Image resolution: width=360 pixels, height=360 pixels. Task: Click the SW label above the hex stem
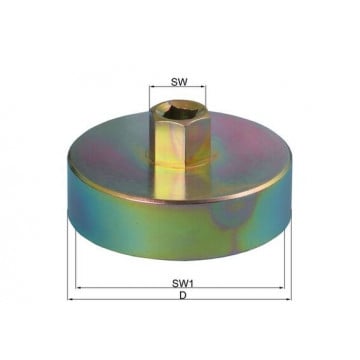tap(179, 82)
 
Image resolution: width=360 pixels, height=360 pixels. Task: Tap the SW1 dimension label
tap(183, 284)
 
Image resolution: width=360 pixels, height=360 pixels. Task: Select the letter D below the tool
tap(183, 295)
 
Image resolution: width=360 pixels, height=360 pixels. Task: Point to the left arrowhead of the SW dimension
tap(152, 87)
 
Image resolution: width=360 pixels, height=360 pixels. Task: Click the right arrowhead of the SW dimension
tap(203, 87)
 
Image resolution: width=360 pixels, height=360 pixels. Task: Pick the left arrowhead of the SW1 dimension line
tap(78, 287)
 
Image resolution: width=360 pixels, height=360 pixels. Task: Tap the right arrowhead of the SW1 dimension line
tap(282, 287)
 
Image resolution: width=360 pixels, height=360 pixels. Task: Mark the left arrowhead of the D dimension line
tap(70, 299)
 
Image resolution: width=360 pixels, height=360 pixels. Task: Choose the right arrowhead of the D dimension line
tap(289, 299)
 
